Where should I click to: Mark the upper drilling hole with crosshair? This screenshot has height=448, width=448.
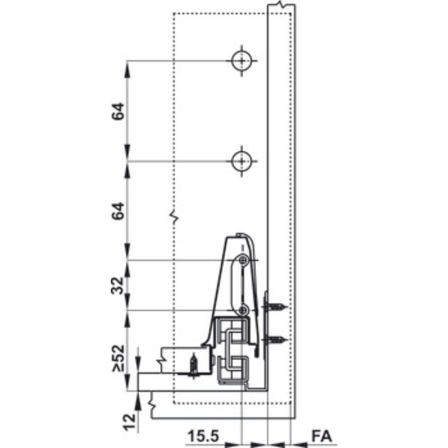point(241,60)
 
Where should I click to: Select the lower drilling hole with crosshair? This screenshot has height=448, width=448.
point(241,161)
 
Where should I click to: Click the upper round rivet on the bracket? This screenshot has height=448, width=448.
point(243,260)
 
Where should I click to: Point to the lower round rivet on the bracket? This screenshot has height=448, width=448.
point(243,310)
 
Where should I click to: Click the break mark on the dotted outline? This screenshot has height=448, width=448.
point(174,216)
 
